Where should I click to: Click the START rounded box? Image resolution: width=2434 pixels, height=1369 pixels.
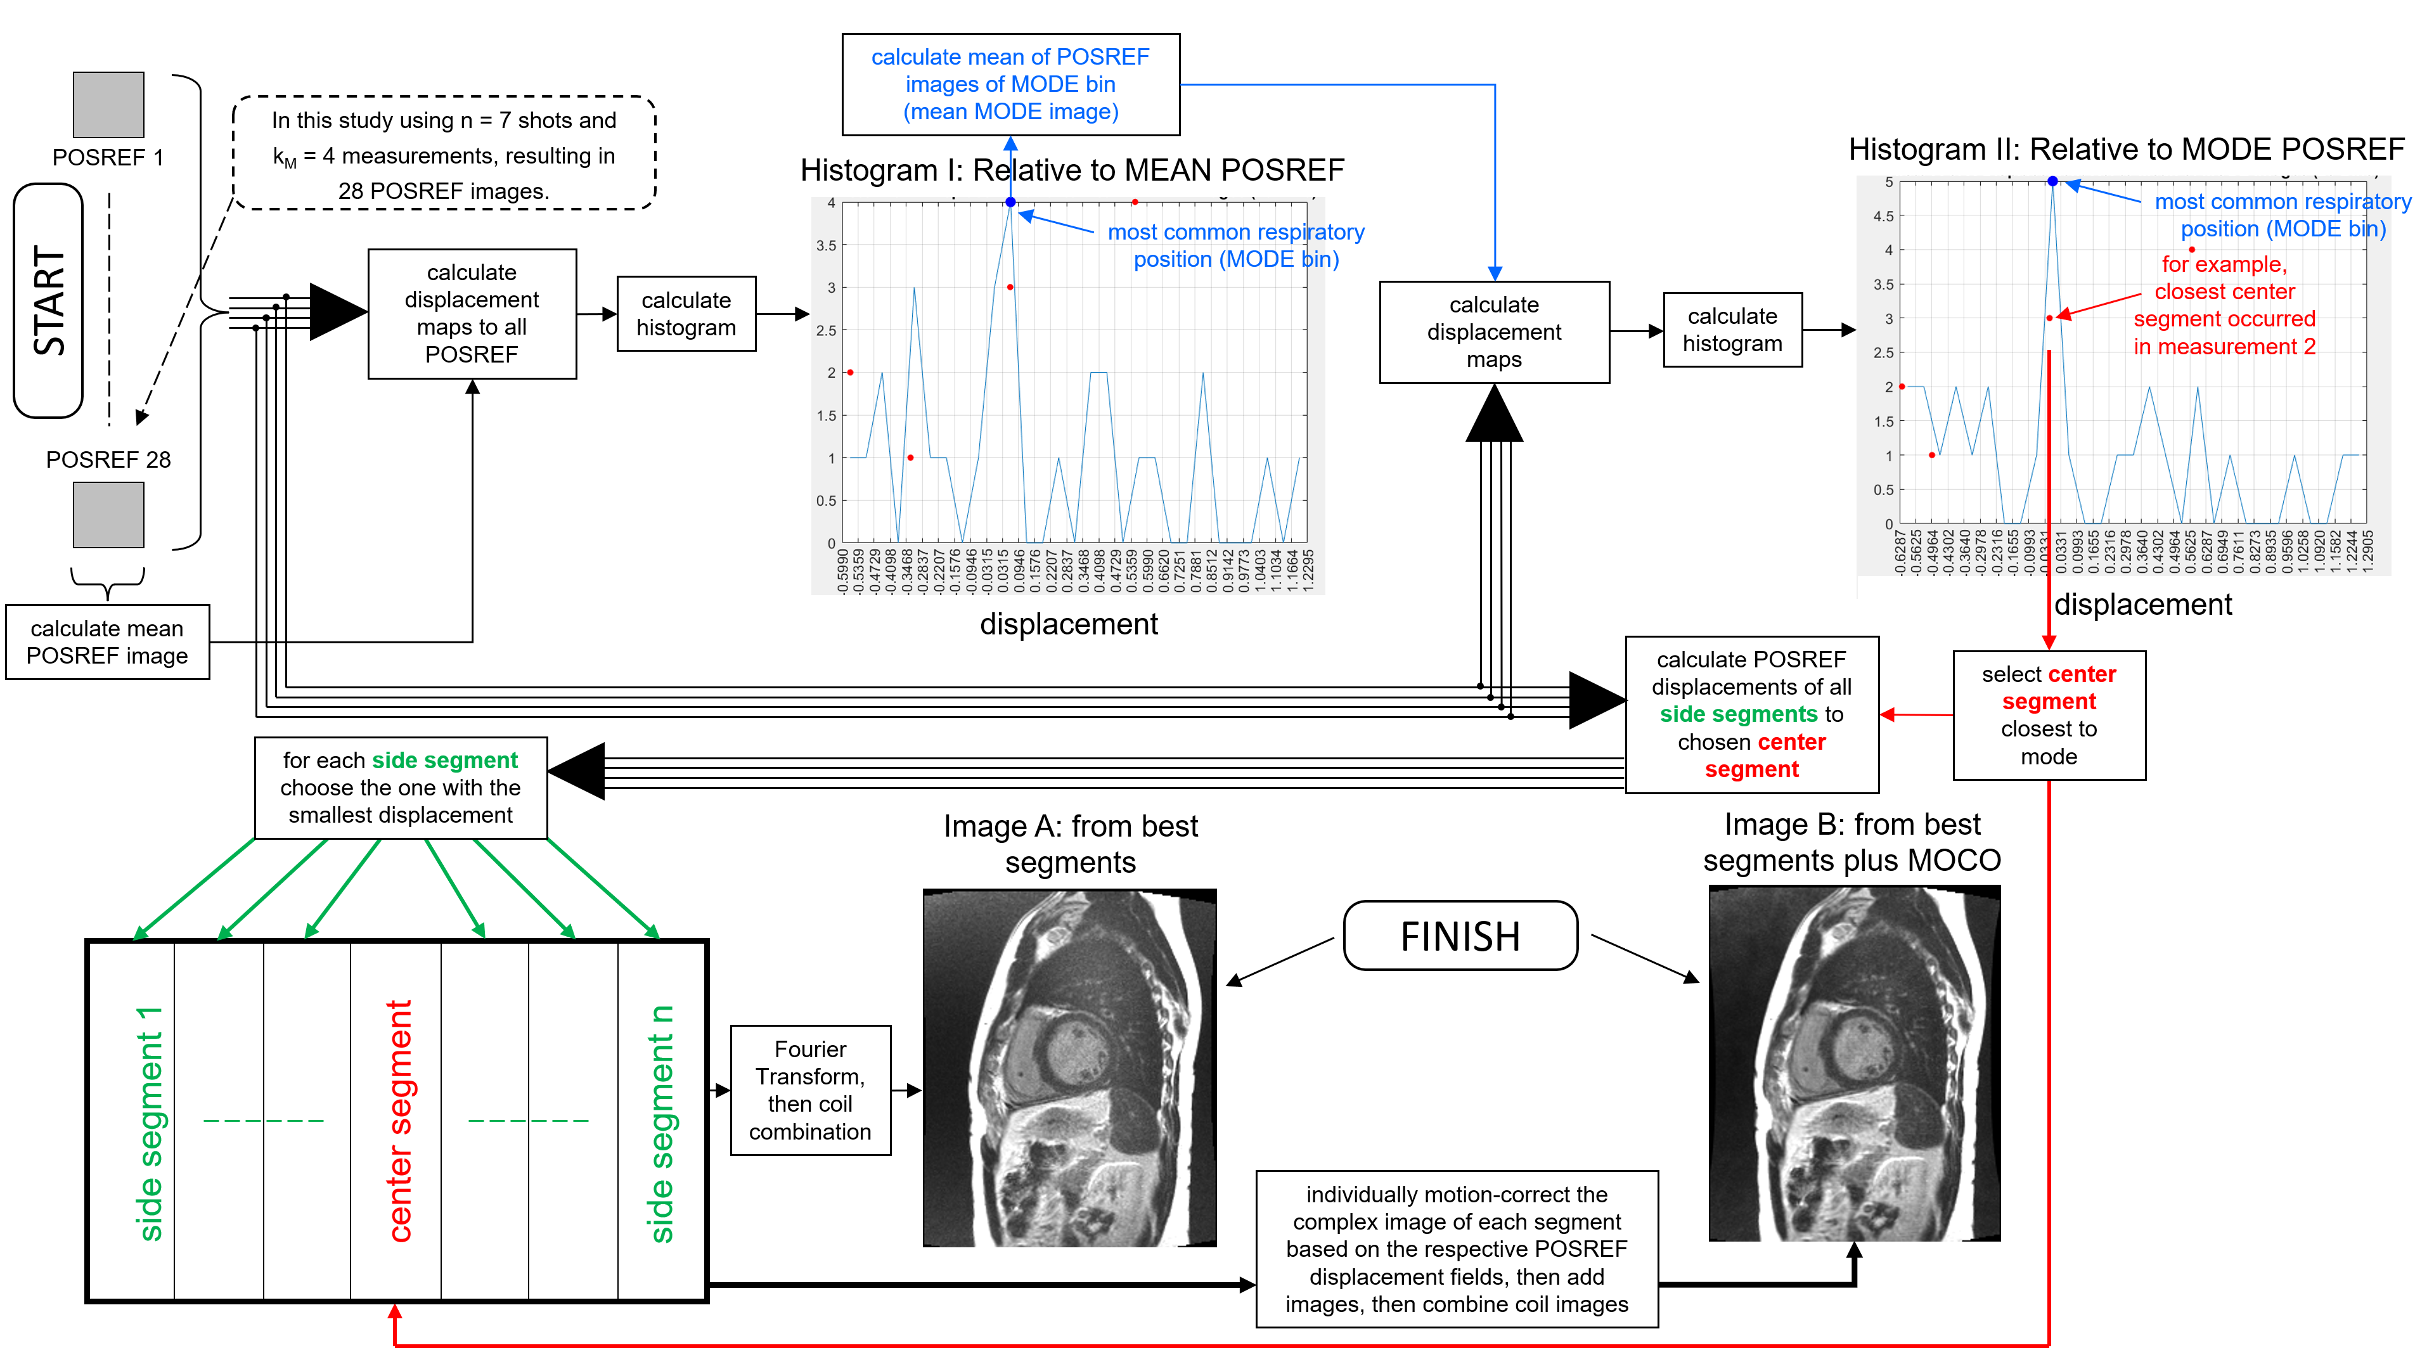click(48, 300)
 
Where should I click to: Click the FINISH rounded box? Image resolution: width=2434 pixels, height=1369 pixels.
click(1460, 935)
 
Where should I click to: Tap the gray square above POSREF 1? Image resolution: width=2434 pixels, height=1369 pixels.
click(108, 105)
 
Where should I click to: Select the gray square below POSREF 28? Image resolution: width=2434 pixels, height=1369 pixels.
click(108, 515)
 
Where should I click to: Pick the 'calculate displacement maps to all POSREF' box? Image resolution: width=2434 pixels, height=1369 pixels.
click(472, 314)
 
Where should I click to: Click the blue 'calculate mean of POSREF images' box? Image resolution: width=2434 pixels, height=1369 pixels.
click(1010, 85)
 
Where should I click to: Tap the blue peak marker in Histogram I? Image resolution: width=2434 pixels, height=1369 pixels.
click(1010, 202)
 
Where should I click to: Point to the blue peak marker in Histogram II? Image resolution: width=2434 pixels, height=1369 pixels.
click(2052, 181)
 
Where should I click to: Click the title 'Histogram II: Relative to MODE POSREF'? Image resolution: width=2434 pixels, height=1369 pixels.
click(2126, 150)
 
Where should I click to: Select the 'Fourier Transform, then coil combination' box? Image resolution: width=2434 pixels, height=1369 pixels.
click(810, 1090)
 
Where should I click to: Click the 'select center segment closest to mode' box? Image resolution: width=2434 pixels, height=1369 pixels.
click(2049, 715)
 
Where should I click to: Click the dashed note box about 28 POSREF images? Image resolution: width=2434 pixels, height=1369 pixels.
click(444, 154)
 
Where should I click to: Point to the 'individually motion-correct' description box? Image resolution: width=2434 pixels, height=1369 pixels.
click(1456, 1249)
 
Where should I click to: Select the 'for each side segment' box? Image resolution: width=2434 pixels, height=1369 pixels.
click(401, 788)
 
